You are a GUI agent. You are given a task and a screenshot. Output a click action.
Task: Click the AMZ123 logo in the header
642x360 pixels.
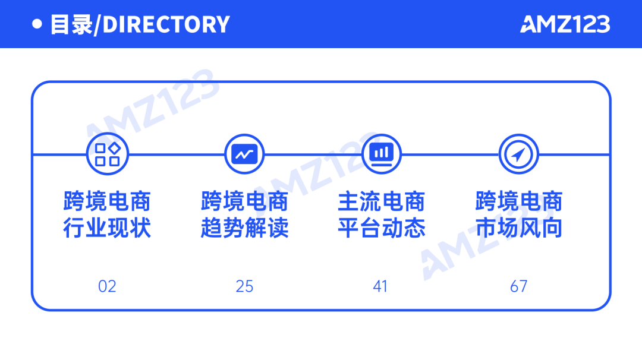(x=565, y=24)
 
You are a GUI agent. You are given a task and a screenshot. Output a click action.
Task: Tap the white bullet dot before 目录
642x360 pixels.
(x=37, y=24)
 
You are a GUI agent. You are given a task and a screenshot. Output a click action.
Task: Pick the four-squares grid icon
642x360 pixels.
(x=108, y=154)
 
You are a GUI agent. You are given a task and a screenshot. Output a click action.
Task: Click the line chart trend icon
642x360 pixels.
(x=244, y=154)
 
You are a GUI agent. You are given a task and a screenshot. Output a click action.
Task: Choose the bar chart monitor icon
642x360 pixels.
(x=381, y=154)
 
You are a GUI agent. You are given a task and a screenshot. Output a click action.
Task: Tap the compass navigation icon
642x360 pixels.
(x=518, y=154)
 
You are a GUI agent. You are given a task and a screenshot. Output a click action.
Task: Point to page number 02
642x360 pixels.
(x=107, y=286)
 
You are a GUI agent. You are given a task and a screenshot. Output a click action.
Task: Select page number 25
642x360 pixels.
(x=244, y=286)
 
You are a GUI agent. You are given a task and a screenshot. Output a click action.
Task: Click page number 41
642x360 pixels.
(x=380, y=286)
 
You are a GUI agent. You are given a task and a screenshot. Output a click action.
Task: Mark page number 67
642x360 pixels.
(x=518, y=286)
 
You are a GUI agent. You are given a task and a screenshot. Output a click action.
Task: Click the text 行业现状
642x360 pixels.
(x=108, y=229)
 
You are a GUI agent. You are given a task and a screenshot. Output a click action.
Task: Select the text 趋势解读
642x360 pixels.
(x=244, y=229)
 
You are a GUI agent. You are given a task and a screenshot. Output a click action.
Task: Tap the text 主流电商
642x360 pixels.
(x=381, y=202)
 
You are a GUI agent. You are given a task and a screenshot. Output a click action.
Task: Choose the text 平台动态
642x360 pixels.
(x=381, y=229)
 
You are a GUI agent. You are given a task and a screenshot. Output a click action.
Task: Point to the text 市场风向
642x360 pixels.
(x=519, y=229)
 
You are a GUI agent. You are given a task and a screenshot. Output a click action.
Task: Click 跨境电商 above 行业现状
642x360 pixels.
(x=108, y=202)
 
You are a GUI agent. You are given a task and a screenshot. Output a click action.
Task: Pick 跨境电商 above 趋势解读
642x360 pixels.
(x=244, y=202)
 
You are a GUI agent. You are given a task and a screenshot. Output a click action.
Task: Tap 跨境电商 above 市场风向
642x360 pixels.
(x=519, y=202)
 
